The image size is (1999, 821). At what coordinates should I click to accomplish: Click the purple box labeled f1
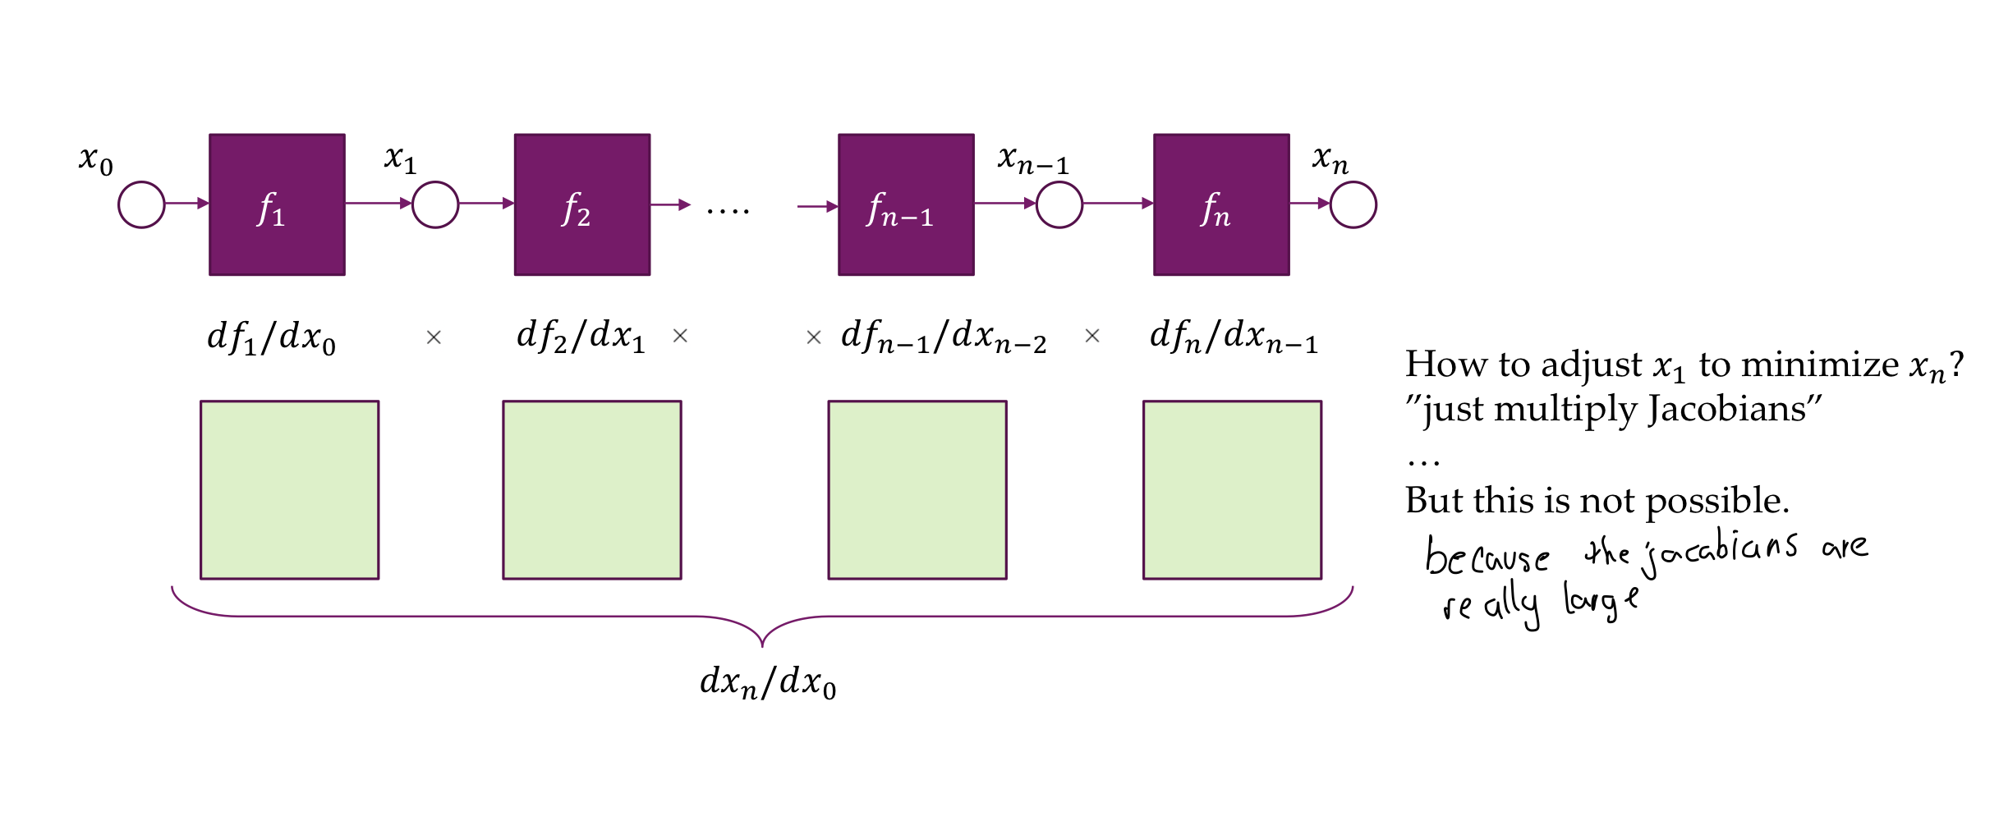coord(277,204)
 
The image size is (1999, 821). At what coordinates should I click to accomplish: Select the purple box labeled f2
coord(582,204)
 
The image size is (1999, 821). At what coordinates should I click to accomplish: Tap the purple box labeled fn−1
coord(906,204)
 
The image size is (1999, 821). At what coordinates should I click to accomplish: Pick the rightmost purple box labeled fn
coord(1221,204)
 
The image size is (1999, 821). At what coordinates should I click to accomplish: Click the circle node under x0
coord(141,204)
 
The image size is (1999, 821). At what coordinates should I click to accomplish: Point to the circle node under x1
coord(435,204)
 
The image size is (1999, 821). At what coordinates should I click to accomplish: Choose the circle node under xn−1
coord(1059,204)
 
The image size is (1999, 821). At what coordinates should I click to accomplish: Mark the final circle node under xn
coord(1353,204)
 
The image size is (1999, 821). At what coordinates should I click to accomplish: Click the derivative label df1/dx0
coord(272,337)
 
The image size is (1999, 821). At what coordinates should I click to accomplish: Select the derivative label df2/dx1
coord(581,337)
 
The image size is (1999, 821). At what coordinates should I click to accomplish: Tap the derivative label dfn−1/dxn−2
coord(944,337)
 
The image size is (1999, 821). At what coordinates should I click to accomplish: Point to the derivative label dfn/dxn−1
coord(1234,337)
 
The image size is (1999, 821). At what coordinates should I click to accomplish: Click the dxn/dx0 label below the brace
coord(768,682)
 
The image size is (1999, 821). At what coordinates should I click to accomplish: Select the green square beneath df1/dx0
coord(290,490)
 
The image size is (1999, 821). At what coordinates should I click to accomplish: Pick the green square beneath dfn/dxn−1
coord(1232,490)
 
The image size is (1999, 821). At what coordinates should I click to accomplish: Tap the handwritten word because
coord(1487,557)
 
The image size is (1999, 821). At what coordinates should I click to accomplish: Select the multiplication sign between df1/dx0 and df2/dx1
coord(434,337)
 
